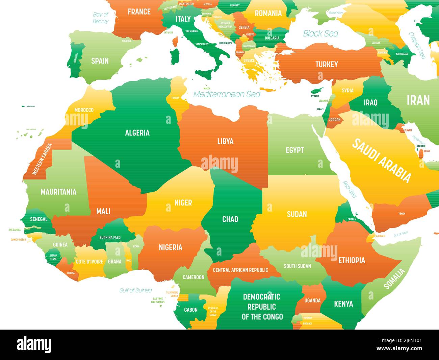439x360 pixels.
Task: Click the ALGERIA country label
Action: click(137, 133)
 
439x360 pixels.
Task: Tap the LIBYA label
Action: click(225, 141)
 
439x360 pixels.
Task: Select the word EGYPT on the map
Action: click(295, 150)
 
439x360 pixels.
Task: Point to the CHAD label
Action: click(230, 219)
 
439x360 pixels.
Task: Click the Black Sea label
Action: click(320, 33)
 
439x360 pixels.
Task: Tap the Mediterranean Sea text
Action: click(227, 94)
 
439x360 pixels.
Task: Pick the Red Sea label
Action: click(350, 190)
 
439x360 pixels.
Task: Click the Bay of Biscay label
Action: click(101, 18)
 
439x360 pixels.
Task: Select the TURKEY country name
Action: click(327, 64)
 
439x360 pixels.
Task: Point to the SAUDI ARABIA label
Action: click(382, 160)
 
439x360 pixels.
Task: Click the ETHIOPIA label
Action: click(352, 260)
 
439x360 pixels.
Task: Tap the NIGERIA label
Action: click(171, 247)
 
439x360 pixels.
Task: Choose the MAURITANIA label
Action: click(58, 192)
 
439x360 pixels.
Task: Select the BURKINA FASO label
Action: click(110, 237)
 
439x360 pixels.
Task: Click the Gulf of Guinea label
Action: click(135, 290)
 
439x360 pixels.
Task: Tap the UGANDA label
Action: click(312, 300)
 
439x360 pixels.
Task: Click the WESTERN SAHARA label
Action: click(42, 159)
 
